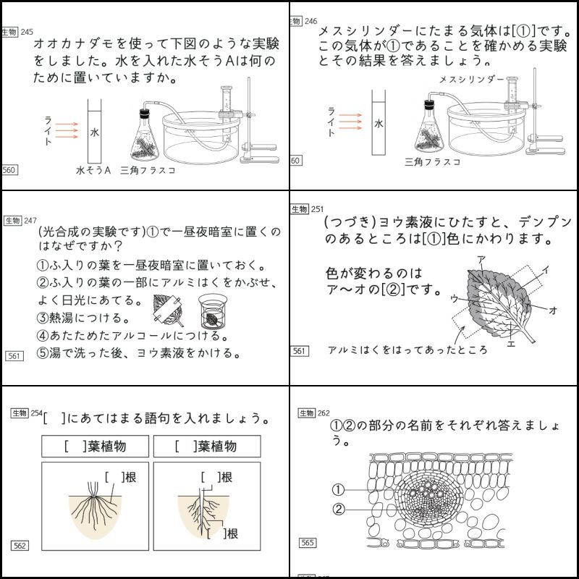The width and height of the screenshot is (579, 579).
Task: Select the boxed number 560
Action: point(10,170)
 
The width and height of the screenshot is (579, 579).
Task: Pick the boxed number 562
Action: point(20,545)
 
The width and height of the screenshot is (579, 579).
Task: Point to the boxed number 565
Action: point(308,542)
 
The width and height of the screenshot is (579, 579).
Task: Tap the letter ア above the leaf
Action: point(481,258)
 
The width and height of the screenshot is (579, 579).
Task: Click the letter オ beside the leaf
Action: point(553,310)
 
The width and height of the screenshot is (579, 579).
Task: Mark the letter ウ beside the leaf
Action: point(454,297)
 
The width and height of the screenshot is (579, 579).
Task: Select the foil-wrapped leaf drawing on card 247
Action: point(169,310)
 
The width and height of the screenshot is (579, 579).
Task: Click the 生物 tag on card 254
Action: point(19,413)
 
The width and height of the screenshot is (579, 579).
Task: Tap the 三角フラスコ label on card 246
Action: point(433,162)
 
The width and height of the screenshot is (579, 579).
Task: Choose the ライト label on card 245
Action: point(48,131)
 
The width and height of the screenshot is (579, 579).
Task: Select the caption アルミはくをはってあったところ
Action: point(407,350)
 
